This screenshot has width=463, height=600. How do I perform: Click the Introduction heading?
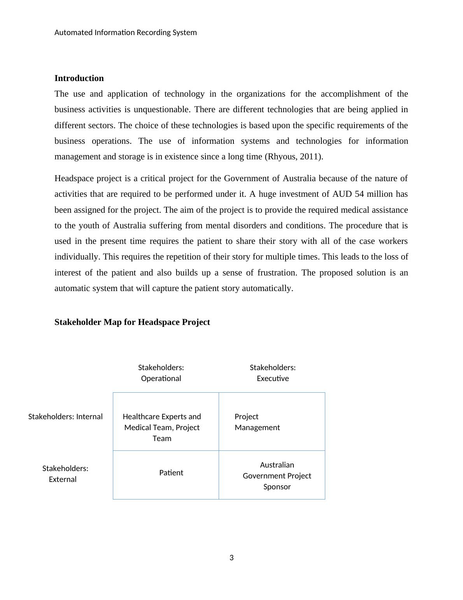click(79, 78)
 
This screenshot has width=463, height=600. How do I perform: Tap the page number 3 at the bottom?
click(231, 558)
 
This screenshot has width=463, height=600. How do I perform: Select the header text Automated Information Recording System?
click(125, 32)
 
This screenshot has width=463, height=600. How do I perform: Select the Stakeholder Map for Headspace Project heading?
click(132, 322)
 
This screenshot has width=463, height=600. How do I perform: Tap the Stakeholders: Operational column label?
click(161, 373)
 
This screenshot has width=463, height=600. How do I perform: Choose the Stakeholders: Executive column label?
click(272, 373)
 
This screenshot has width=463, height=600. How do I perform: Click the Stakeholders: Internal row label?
click(65, 416)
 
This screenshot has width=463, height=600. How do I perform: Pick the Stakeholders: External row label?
click(65, 474)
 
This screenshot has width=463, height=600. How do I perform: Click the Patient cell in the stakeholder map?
click(171, 473)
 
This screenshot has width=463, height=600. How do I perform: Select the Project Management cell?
click(257, 422)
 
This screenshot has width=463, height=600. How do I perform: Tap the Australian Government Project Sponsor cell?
click(277, 476)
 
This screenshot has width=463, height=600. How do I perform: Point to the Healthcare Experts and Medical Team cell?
click(161, 427)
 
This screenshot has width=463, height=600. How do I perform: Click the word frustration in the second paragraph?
click(276, 273)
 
